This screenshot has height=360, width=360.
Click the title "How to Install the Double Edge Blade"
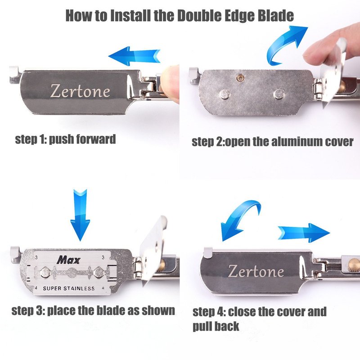click(180, 15)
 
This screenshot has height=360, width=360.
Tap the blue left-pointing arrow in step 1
click(134, 56)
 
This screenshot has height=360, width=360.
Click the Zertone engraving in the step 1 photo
click(80, 91)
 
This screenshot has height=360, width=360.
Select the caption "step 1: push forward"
click(65, 139)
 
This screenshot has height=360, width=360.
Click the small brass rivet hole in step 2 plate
click(240, 78)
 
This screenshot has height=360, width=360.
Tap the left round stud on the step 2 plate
click(225, 94)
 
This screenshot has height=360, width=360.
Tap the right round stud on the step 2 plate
click(279, 94)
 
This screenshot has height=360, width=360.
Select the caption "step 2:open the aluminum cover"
click(273, 142)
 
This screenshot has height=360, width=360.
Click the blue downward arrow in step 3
click(80, 215)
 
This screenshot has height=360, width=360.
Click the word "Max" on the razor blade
click(69, 260)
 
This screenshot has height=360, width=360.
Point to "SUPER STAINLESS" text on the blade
click(69, 288)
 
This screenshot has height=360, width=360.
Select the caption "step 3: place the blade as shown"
click(93, 310)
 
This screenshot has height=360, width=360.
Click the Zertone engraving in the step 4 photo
click(256, 271)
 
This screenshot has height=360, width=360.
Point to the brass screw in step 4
click(354, 265)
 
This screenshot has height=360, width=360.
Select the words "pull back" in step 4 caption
click(216, 326)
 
